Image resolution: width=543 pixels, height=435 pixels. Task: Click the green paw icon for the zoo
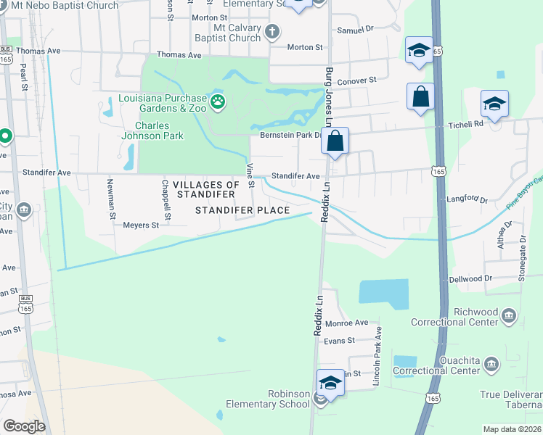point(218,102)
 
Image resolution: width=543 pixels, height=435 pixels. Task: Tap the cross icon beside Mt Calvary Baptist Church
point(272,31)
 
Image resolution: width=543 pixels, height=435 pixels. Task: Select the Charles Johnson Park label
point(152,128)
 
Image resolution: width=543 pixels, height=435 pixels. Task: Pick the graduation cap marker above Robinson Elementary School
point(330,383)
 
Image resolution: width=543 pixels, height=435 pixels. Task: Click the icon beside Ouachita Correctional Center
point(491,364)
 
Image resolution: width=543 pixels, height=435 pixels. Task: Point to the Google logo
point(24,426)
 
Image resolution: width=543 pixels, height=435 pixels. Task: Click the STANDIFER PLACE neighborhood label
point(243,210)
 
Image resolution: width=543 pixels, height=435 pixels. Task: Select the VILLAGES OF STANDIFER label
point(205,190)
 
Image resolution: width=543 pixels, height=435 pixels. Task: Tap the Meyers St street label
point(140,225)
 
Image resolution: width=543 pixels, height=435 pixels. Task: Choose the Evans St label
point(339,340)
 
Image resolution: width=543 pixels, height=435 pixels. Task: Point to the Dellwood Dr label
point(470,278)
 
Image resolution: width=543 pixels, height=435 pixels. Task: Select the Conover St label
point(358,80)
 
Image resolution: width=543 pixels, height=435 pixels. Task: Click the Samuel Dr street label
point(355,30)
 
